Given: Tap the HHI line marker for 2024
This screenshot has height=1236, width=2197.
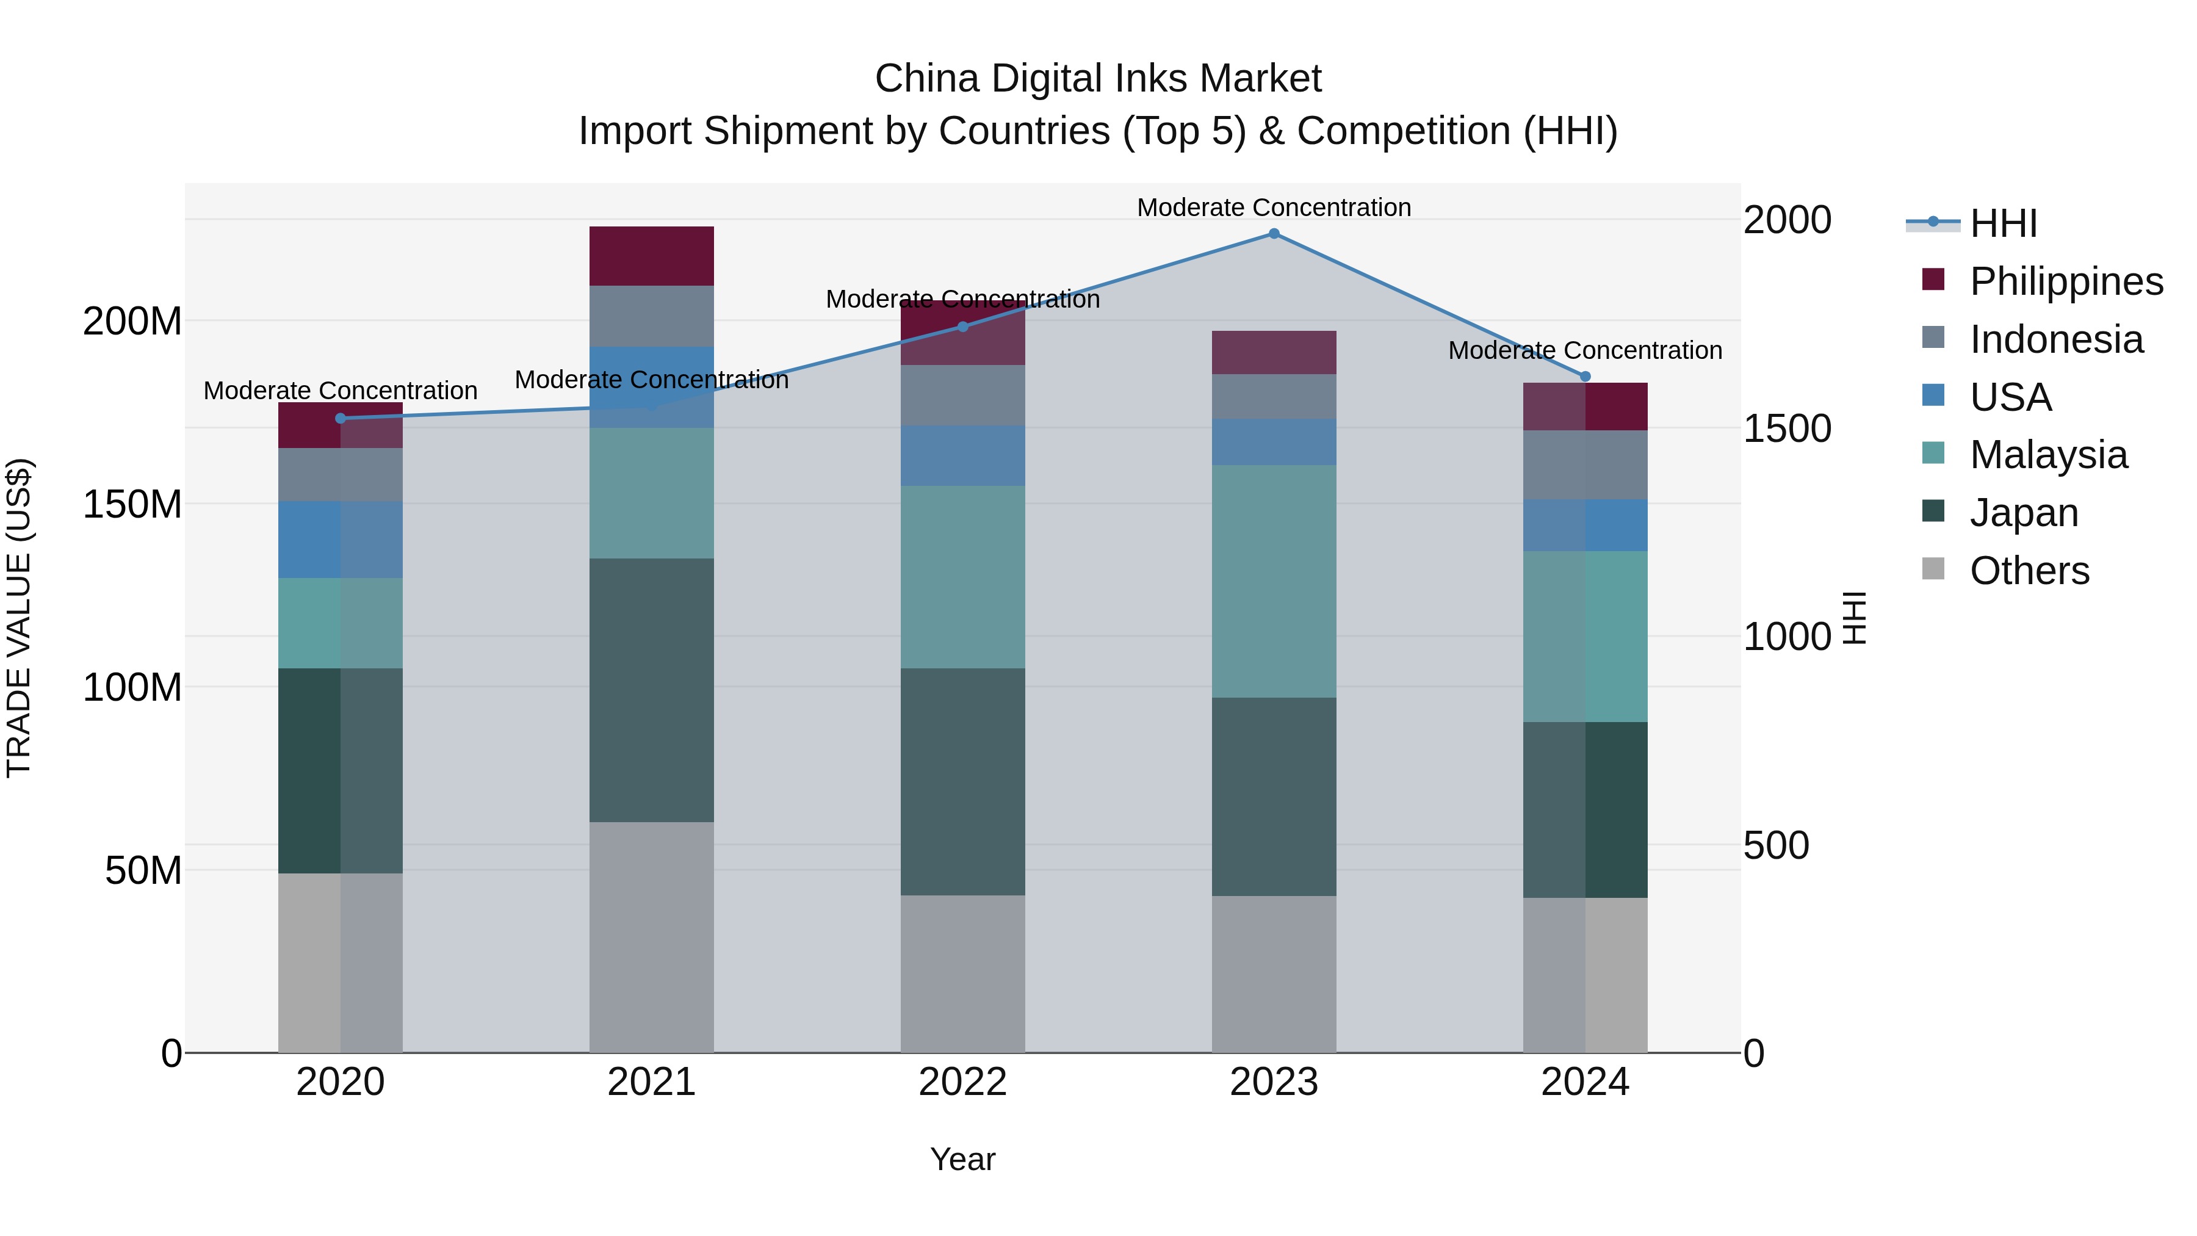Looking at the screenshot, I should (x=1585, y=376).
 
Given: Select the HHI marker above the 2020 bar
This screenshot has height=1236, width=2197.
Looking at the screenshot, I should (x=341, y=418).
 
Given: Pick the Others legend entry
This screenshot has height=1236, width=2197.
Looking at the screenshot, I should (x=2028, y=571).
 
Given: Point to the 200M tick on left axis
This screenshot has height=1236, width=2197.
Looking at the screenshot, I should (x=132, y=322).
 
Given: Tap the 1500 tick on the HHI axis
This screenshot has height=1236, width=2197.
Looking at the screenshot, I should (x=1786, y=428).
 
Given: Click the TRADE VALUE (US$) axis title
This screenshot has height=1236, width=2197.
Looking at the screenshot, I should (x=19, y=618).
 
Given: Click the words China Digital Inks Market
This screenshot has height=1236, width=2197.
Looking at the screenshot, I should (x=1098, y=79).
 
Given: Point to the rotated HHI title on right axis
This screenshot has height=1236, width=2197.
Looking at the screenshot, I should (x=1854, y=618).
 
